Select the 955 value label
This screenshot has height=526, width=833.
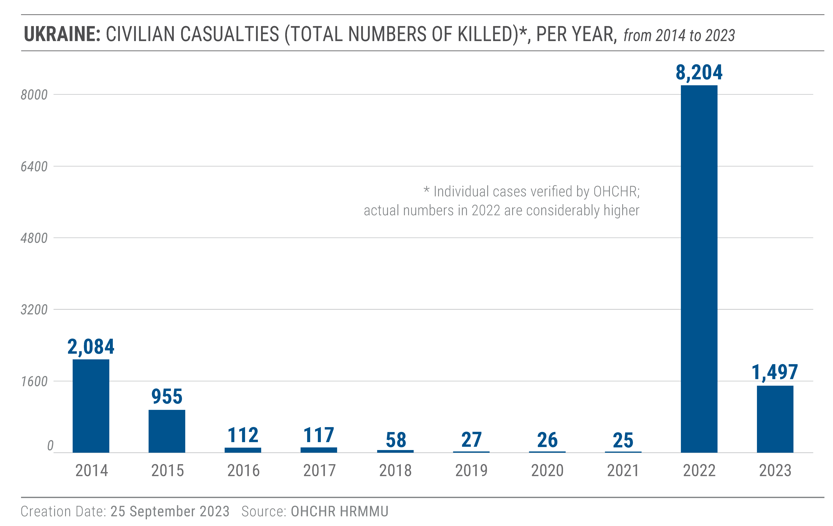167,397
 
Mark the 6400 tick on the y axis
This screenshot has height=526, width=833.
34,166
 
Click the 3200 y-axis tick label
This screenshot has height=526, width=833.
34,310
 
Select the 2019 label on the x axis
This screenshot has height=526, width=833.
471,471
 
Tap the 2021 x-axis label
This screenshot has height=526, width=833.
623,471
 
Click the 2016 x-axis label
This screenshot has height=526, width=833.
243,471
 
